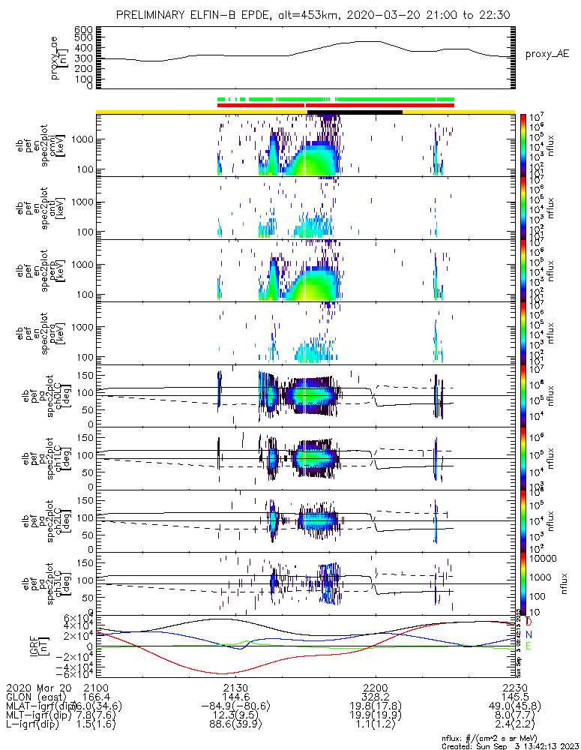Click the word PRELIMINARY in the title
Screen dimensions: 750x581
[x=151, y=15]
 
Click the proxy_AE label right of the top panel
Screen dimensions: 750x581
[x=547, y=55]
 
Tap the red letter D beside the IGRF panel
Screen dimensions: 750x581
[x=529, y=622]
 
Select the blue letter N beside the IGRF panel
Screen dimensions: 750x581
[x=529, y=634]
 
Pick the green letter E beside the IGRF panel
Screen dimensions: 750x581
[x=529, y=646]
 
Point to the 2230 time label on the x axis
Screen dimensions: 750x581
[x=515, y=687]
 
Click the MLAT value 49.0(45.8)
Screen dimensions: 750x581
[x=515, y=706]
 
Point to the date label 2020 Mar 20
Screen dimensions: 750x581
[x=37, y=687]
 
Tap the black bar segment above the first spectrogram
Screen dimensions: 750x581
[x=355, y=112]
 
